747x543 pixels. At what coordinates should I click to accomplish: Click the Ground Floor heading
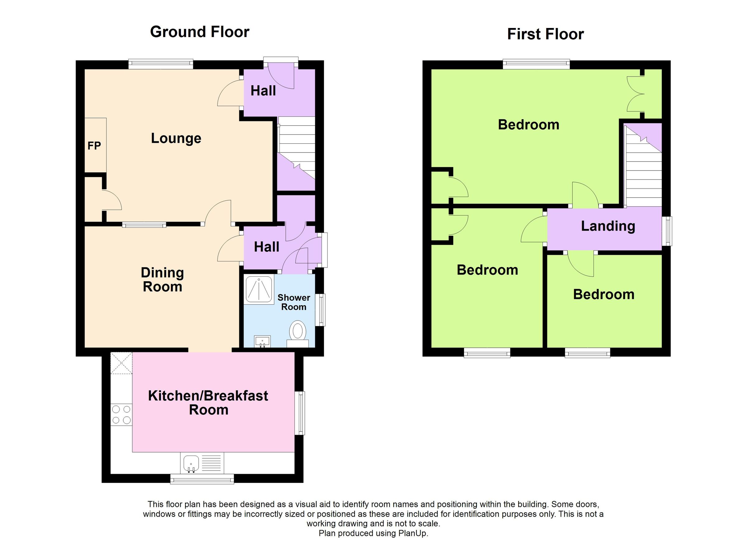tap(200, 32)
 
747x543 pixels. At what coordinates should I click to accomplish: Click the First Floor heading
tap(545, 34)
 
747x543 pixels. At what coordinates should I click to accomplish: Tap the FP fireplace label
tap(94, 146)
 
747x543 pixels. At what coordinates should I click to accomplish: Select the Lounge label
tap(176, 138)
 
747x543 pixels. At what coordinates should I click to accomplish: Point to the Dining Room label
tap(162, 279)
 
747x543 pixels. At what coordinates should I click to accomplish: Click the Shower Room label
tap(294, 302)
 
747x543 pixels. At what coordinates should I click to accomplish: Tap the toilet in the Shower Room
tap(298, 334)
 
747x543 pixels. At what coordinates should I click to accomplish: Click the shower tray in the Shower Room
tap(259, 290)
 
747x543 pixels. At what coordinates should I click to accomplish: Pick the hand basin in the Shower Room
tap(262, 341)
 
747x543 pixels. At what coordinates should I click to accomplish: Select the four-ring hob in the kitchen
tap(121, 414)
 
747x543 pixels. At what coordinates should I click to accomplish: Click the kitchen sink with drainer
tap(202, 463)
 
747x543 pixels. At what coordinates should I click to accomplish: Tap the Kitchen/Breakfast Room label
tap(208, 403)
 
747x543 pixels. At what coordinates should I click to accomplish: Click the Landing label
tap(608, 226)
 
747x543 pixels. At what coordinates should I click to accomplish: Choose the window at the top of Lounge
tap(161, 64)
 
